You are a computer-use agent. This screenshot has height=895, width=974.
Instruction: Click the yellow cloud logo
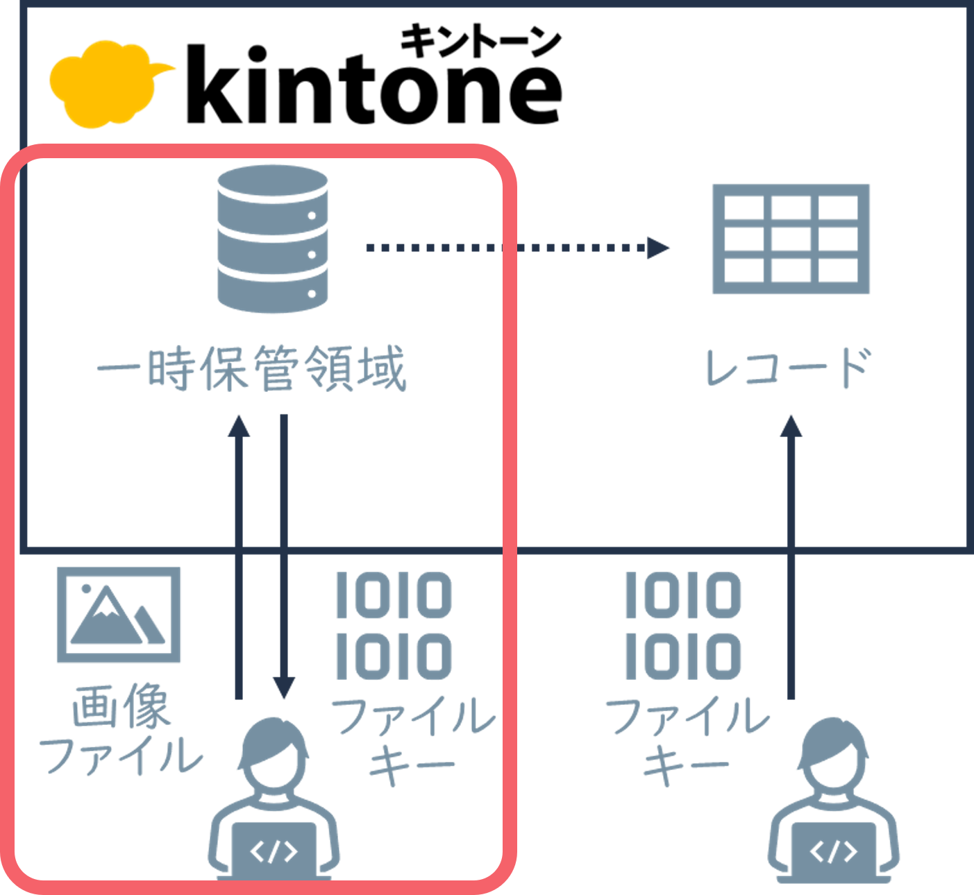tap(104, 85)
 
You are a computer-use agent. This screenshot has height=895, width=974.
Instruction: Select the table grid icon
tap(791, 239)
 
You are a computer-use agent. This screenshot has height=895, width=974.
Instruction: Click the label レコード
tap(787, 368)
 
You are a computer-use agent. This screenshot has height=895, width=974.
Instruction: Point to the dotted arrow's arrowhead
tap(657, 248)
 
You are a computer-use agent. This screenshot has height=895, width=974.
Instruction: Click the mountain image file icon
tap(119, 615)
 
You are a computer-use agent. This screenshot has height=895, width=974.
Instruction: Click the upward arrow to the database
tap(240, 555)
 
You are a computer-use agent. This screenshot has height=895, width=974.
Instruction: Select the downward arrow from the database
tap(283, 555)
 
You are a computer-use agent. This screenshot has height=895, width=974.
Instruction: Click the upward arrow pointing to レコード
tap(791, 555)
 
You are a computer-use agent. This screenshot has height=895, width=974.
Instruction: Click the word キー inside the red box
tap(411, 765)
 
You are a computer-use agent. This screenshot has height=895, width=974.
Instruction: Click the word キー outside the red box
tap(686, 765)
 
